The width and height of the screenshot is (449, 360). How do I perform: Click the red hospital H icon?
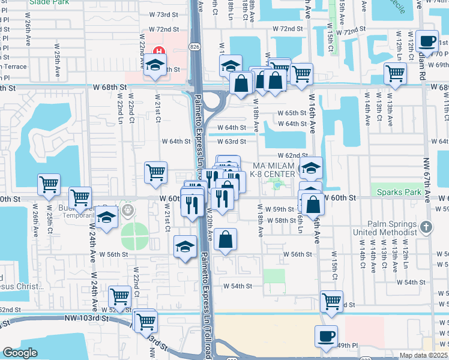[159, 52]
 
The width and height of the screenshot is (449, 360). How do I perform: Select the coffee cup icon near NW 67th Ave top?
[426, 41]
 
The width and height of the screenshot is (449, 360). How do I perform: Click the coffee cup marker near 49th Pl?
[326, 335]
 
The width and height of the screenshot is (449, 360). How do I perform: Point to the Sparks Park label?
[399, 192]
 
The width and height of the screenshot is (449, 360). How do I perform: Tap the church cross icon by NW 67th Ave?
[426, 227]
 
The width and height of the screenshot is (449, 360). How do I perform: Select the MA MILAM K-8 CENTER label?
[274, 170]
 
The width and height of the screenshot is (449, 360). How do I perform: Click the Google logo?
[20, 353]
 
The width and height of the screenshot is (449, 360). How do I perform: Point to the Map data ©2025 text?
[423, 355]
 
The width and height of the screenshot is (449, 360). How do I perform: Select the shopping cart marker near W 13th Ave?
[395, 73]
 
